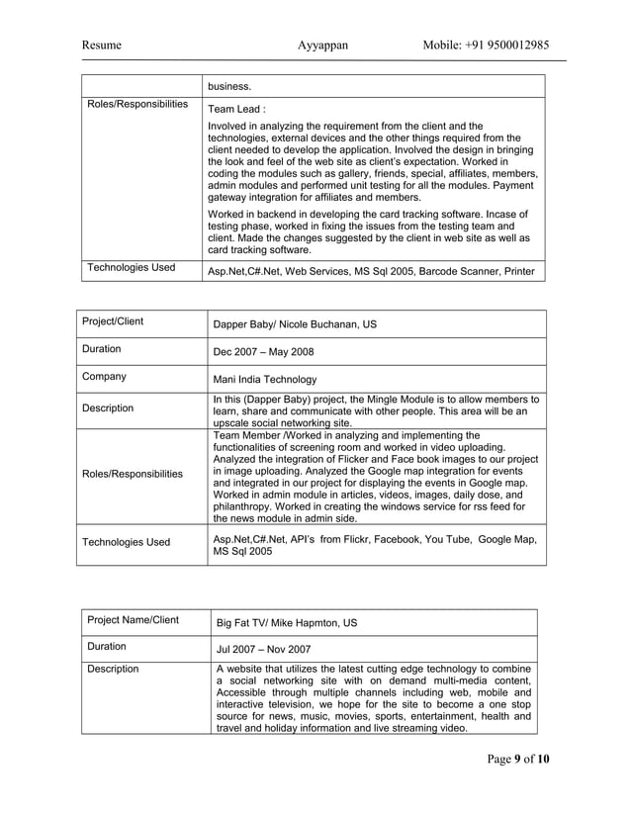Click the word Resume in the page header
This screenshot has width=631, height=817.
[x=102, y=45]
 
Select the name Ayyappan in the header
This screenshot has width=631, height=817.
[x=322, y=45]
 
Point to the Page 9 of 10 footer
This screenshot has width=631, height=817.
[x=517, y=759]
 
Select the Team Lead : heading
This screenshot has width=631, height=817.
[x=236, y=110]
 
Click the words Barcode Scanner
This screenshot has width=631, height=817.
[x=465, y=271]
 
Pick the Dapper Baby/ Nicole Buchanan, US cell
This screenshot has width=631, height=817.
[x=295, y=324]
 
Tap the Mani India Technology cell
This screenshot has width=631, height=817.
[x=265, y=379]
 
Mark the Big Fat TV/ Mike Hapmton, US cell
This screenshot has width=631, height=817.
[x=287, y=623]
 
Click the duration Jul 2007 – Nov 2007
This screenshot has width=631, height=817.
[x=264, y=650]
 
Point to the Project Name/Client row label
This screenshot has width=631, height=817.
[x=134, y=621]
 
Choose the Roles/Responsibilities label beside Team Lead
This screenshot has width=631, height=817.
[x=137, y=104]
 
